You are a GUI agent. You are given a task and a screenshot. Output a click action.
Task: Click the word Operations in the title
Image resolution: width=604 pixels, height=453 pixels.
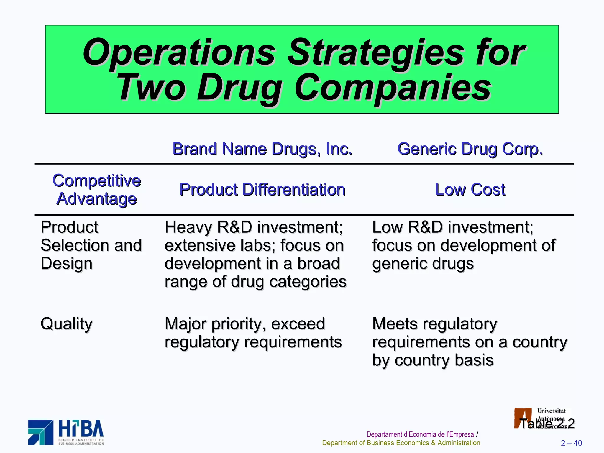pos(179,52)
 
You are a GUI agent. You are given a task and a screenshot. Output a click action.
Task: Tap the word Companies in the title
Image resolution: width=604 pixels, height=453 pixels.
pos(393,88)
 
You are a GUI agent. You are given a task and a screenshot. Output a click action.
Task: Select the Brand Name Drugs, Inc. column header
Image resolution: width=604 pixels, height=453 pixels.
pos(262,149)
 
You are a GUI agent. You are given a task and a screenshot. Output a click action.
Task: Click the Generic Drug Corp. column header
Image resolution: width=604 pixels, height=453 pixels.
pos(470,149)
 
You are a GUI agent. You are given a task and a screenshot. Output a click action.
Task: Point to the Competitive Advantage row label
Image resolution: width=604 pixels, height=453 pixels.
pos(96,189)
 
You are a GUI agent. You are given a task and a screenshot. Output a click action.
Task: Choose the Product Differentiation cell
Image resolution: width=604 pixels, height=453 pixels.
pos(262,189)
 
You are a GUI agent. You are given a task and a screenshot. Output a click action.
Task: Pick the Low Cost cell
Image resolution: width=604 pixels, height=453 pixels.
pos(470,189)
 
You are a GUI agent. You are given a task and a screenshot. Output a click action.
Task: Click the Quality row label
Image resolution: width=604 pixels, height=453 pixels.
pos(66,324)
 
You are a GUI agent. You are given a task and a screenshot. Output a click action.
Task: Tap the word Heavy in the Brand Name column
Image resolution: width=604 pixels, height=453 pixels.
pos(188,227)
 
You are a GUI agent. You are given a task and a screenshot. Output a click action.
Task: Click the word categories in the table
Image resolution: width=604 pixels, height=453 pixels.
pos(308,282)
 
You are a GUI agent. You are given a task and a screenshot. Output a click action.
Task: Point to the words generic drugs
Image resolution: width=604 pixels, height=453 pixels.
pos(423,264)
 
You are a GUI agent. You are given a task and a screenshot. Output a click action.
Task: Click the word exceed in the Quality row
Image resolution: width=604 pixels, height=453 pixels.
pos(298,324)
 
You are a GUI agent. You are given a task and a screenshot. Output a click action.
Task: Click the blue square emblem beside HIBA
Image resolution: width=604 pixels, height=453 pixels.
pos(41,432)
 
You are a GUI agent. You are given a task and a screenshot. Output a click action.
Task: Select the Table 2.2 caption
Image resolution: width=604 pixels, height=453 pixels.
pos(546,424)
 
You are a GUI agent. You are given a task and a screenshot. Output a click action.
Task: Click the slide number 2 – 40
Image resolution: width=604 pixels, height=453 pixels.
pos(571,443)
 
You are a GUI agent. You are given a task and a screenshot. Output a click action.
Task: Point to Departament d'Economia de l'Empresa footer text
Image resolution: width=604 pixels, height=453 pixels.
pos(420,434)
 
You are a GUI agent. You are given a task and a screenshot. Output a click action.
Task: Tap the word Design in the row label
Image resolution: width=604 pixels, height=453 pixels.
pos(66,264)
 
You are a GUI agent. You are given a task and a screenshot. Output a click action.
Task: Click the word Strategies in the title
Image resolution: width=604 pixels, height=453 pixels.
pos(375,52)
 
